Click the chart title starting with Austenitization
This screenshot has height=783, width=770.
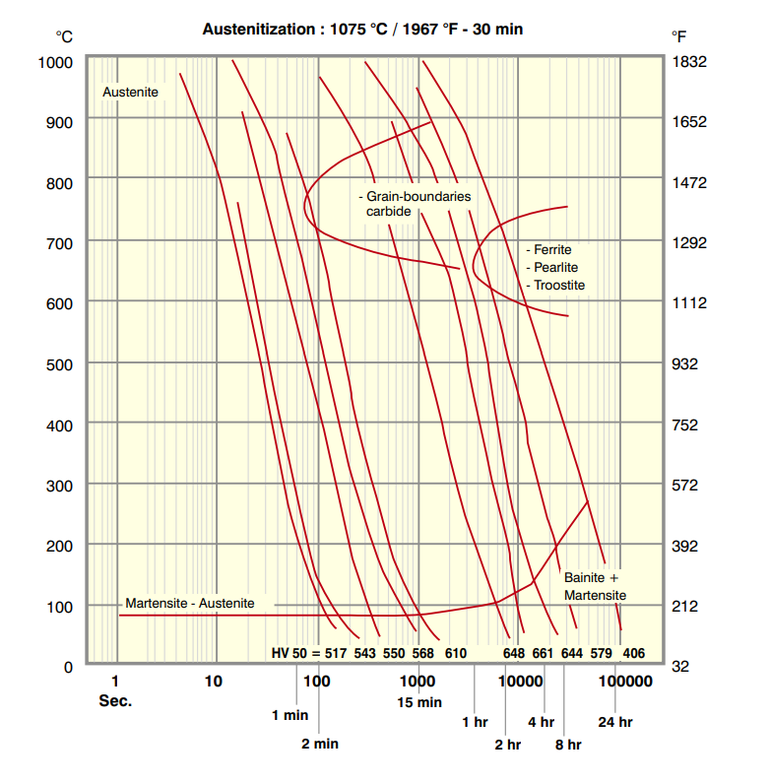(x=362, y=30)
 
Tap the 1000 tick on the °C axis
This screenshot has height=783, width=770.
(x=57, y=62)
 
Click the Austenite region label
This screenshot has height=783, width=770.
(x=130, y=92)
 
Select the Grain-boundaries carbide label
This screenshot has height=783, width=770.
(x=415, y=204)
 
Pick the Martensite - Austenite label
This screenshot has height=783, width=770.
(x=190, y=603)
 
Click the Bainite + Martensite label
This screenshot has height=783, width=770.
(x=595, y=586)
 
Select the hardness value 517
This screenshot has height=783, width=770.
(x=337, y=652)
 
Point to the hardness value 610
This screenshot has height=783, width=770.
(x=455, y=652)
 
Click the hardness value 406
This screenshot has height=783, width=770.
(x=633, y=652)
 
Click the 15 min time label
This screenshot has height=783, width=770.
(x=418, y=702)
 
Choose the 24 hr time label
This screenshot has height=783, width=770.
(x=615, y=722)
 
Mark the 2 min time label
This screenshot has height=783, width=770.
(x=320, y=744)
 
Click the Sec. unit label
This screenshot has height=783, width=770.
(x=115, y=701)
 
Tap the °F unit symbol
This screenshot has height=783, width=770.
(x=679, y=36)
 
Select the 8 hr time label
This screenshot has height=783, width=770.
(x=567, y=745)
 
